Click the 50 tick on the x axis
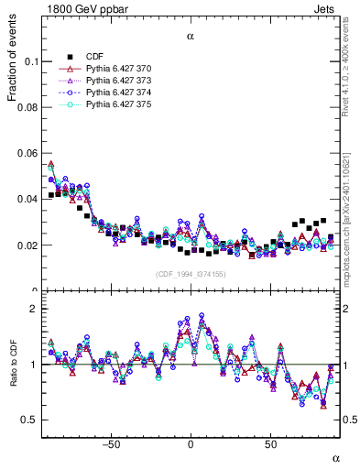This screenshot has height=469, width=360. (271, 445)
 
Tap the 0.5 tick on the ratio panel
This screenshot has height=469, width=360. (30, 420)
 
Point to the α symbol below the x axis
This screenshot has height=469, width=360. (335, 457)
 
